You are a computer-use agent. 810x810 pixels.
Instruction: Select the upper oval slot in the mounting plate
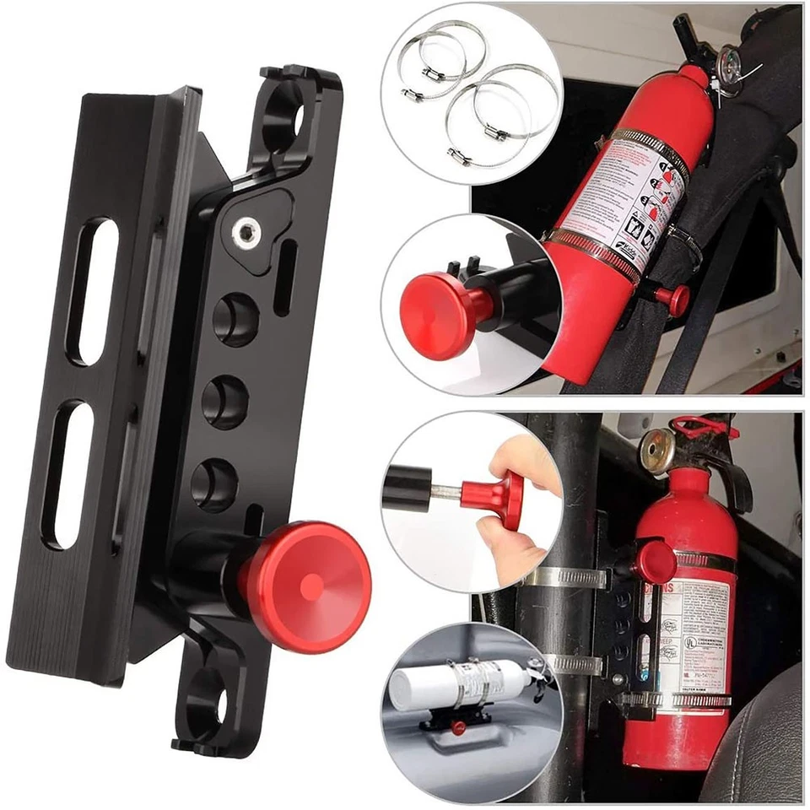tap(92, 291)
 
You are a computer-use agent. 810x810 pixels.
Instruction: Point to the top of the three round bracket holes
tap(235, 318)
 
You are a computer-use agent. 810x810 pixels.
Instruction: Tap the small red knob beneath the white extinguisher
tap(458, 727)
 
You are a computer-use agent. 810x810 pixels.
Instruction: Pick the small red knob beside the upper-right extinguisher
tap(676, 295)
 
